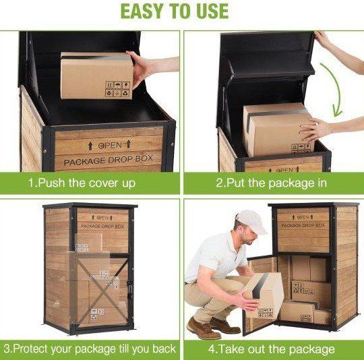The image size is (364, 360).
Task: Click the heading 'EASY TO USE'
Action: click(175, 11)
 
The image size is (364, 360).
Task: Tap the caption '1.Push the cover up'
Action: click(82, 183)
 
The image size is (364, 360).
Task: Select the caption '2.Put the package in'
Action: click(271, 183)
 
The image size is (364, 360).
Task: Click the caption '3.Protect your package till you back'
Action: click(90, 349)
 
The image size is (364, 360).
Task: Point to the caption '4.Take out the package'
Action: click(271, 349)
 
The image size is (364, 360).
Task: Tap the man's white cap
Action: click(252, 221)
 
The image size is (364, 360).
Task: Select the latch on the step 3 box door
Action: click(131, 290)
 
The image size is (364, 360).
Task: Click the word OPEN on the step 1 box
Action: click(110, 146)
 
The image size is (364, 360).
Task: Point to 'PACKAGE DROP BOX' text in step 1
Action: click(109, 160)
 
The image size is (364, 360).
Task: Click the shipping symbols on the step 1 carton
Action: click(117, 89)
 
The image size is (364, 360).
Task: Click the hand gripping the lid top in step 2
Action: click(323, 40)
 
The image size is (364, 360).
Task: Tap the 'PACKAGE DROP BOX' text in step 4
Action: click(303, 225)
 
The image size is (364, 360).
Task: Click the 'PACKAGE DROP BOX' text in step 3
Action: click(102, 227)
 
